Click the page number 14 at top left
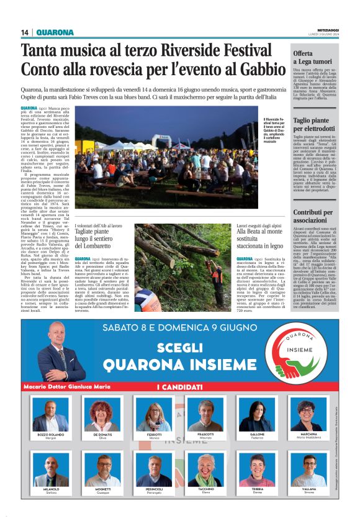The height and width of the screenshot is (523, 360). click(25, 32)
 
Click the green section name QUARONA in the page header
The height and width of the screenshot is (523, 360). click(55, 32)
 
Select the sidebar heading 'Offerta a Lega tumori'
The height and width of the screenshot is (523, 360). click(313, 58)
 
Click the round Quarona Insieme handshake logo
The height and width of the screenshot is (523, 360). click(299, 352)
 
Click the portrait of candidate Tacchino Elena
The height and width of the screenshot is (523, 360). click(205, 470)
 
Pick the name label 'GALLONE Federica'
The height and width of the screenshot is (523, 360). click(256, 436)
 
